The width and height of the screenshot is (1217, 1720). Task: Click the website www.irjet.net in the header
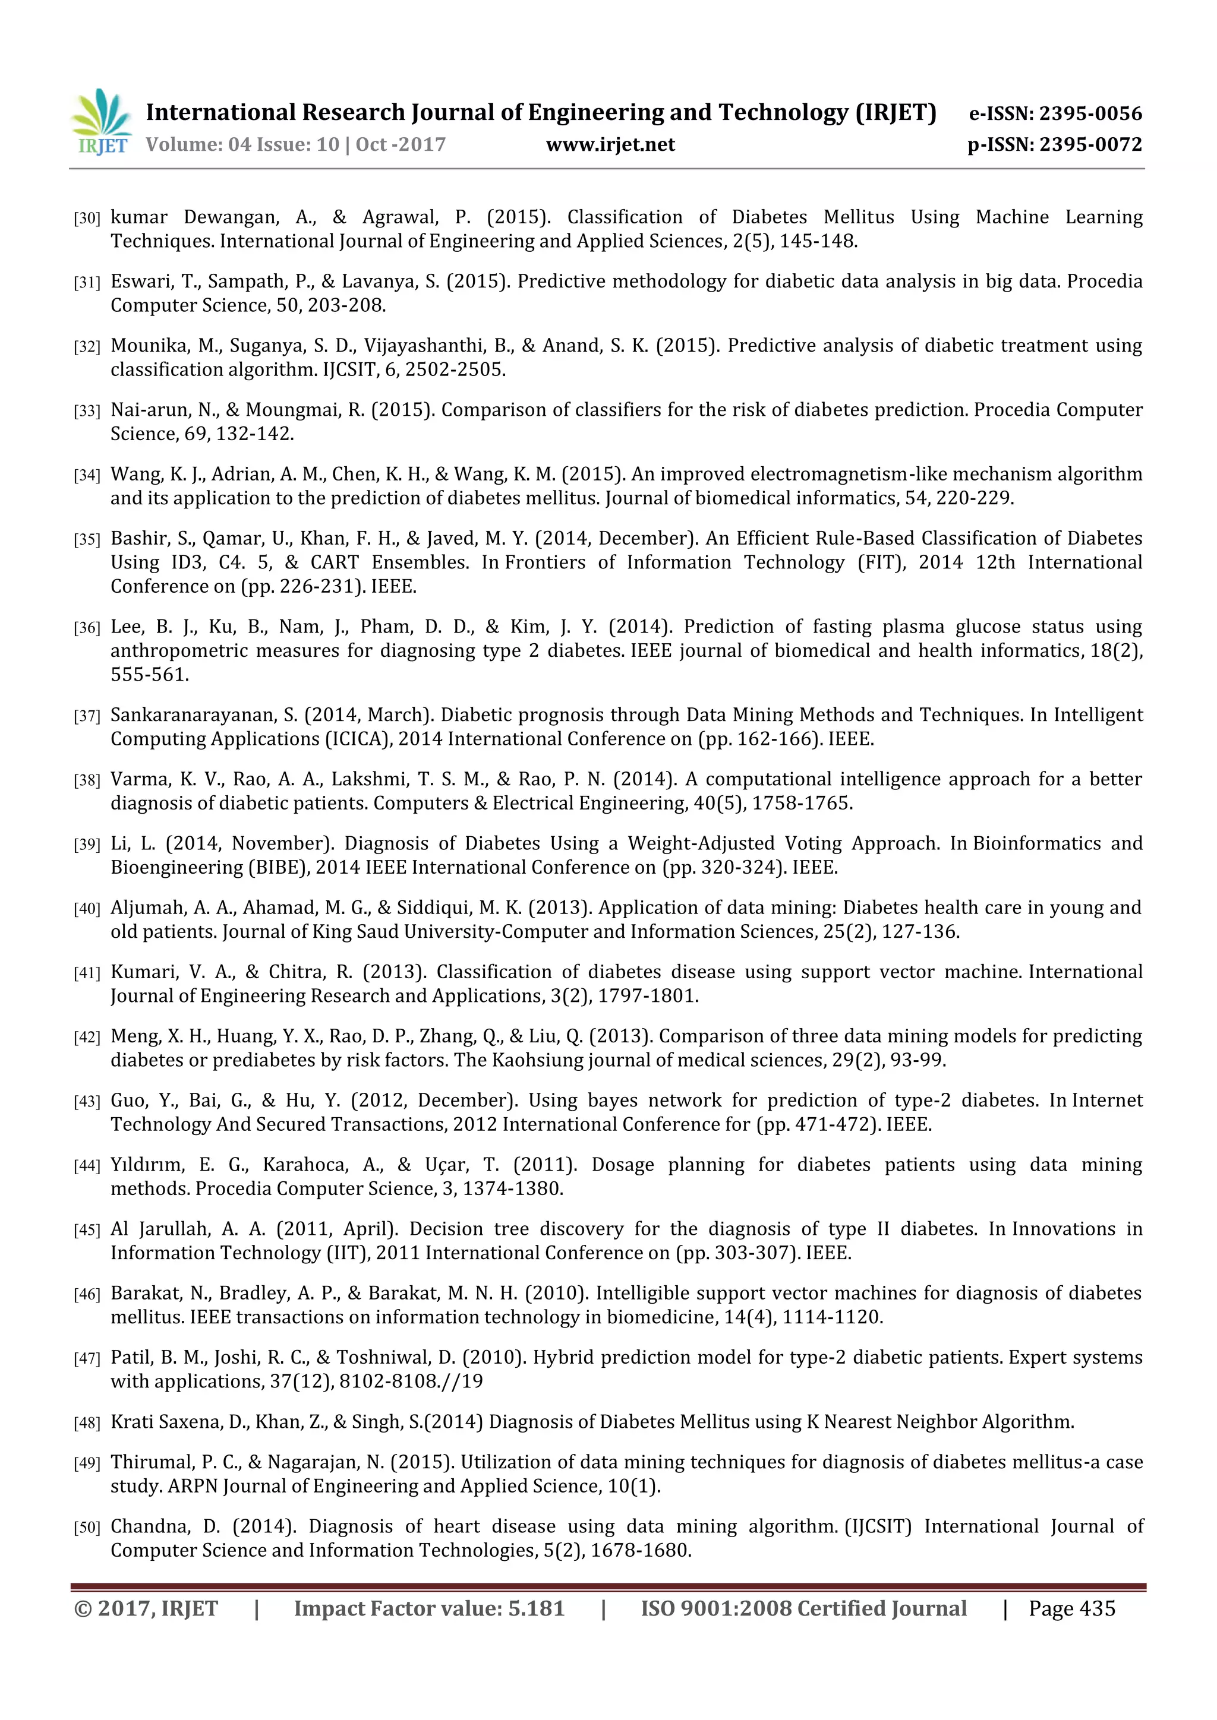[x=610, y=144]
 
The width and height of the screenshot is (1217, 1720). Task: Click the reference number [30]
[x=87, y=219]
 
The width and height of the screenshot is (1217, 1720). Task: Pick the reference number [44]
[x=87, y=1166]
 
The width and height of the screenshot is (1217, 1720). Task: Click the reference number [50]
[x=87, y=1528]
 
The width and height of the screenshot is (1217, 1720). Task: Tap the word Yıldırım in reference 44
[x=147, y=1165]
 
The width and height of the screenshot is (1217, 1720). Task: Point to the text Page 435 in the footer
[x=1071, y=1608]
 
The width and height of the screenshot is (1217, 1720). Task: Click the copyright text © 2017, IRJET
[x=146, y=1608]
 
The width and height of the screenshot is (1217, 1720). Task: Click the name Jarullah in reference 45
[x=175, y=1229]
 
